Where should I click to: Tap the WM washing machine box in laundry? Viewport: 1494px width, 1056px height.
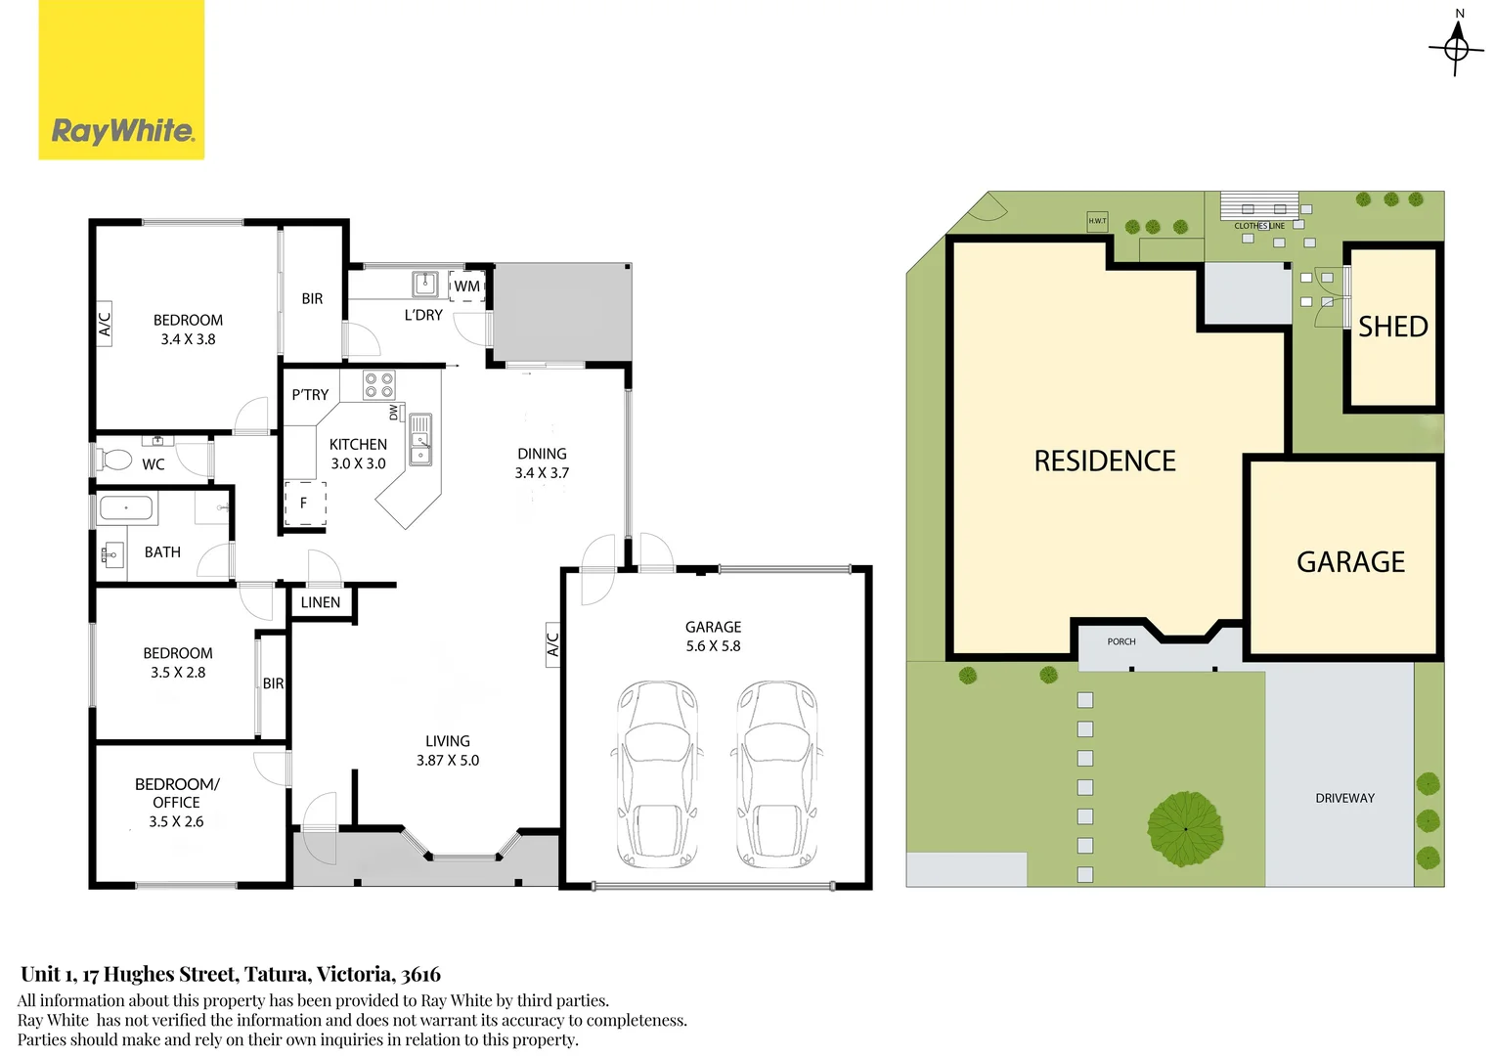click(x=467, y=286)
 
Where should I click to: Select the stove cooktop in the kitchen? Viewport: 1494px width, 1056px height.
click(x=379, y=385)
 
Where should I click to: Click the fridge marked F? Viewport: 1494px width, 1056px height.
click(x=304, y=503)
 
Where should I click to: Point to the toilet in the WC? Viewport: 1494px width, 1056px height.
click(x=115, y=459)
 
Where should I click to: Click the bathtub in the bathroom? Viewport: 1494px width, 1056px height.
click(x=126, y=508)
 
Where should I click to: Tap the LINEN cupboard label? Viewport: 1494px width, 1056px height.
click(x=321, y=602)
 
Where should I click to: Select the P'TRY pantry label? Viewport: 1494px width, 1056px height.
click(x=310, y=395)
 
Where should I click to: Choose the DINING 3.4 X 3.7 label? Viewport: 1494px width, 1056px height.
click(x=542, y=462)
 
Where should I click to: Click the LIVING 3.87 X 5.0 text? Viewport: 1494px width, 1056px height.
click(x=448, y=751)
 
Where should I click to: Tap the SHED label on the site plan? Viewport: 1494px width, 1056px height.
click(x=1392, y=327)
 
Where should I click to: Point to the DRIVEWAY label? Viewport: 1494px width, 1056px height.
click(x=1344, y=798)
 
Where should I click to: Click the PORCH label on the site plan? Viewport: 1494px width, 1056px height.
click(x=1121, y=641)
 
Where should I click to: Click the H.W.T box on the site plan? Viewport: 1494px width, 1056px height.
click(x=1097, y=221)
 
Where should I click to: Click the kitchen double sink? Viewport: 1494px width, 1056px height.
click(x=420, y=439)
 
